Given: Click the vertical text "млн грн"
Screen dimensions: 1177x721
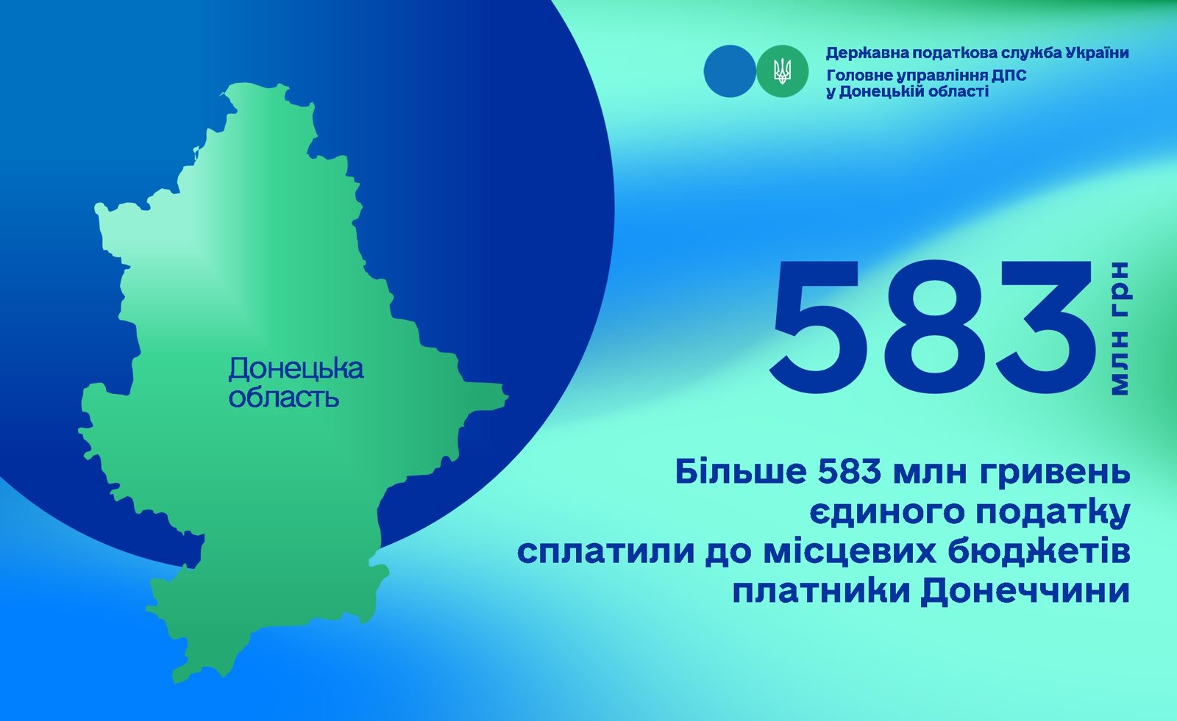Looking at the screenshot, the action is pyautogui.click(x=1119, y=329).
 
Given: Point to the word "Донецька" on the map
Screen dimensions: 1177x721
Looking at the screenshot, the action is pyautogui.click(x=296, y=369).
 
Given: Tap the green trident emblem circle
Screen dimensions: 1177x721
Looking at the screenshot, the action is pyautogui.click(x=783, y=71).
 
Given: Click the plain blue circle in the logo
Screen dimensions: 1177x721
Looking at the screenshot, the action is pyautogui.click(x=730, y=71).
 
